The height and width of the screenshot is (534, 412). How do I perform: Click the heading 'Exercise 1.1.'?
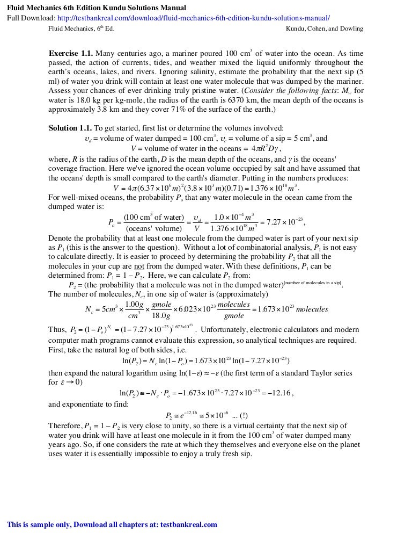71,54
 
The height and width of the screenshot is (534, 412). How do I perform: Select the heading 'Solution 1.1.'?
70,128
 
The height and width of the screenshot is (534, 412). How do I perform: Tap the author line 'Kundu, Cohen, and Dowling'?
325,28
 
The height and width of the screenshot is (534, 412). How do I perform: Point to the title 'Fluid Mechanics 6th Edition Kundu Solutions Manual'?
97,8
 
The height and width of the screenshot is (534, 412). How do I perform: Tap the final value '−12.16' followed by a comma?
279,393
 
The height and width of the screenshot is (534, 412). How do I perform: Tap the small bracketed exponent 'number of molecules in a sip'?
313,283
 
